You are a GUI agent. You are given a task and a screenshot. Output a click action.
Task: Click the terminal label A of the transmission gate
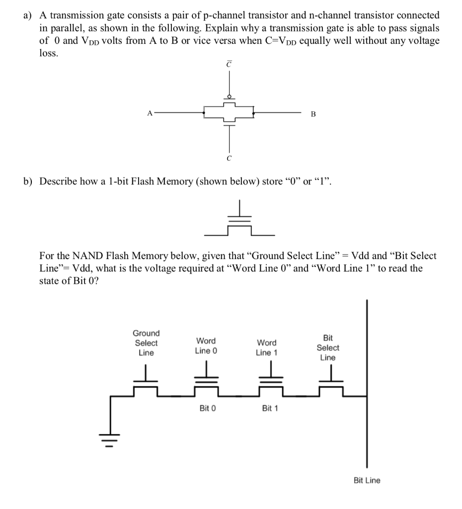pyautogui.click(x=149, y=113)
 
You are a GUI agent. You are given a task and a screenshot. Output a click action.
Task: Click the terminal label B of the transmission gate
pyautogui.click(x=312, y=114)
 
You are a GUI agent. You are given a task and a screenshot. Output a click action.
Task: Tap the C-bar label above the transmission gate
pyautogui.click(x=229, y=64)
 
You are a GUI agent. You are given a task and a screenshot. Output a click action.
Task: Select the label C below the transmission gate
pyautogui.click(x=229, y=159)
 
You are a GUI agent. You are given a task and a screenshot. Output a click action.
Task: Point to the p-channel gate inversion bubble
pyautogui.click(x=229, y=97)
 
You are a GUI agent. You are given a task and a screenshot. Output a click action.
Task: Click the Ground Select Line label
pyautogui.click(x=146, y=343)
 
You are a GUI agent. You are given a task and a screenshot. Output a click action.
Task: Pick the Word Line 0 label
pyautogui.click(x=206, y=345)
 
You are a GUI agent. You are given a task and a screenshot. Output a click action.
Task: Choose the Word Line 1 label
pyautogui.click(x=267, y=347)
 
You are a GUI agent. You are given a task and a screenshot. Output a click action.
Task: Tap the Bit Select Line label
pyautogui.click(x=328, y=347)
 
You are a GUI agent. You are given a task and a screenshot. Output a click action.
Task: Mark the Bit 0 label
pyautogui.click(x=207, y=408)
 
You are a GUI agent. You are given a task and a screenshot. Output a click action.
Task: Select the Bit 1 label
pyautogui.click(x=270, y=408)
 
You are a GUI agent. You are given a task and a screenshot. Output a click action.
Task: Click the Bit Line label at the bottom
pyautogui.click(x=367, y=480)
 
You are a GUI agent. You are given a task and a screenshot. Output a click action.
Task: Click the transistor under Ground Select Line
pyautogui.click(x=146, y=383)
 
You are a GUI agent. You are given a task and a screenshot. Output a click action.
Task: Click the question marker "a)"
pyautogui.click(x=28, y=16)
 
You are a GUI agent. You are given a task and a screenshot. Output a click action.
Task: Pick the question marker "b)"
pyautogui.click(x=28, y=181)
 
